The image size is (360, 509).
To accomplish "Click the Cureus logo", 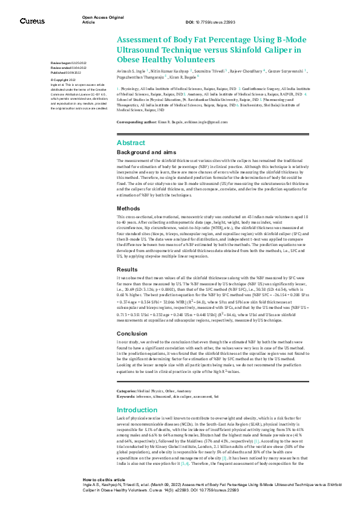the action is pos(31,21).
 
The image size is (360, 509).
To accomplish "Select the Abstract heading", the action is pos(131,143).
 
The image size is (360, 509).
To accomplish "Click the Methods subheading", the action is pos(128,207).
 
